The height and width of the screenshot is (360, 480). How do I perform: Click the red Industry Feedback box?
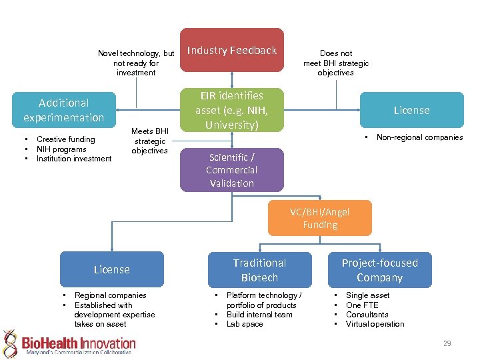point(232,50)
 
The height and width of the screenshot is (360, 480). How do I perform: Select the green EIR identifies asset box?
point(232,110)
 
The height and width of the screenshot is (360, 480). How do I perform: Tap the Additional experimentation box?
point(63,110)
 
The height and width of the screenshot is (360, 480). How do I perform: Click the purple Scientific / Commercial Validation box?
point(231,170)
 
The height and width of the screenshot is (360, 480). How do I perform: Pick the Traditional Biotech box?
point(259,270)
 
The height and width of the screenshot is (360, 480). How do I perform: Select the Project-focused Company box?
point(379,270)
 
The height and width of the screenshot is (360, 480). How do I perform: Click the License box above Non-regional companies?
point(411,110)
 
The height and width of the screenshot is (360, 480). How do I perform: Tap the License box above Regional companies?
point(111,269)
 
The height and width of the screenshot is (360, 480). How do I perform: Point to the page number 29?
point(447,343)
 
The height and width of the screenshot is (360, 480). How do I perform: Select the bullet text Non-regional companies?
point(419,137)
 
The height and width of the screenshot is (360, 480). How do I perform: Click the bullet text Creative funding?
point(65,139)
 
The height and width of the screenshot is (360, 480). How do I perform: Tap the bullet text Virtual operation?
point(375,324)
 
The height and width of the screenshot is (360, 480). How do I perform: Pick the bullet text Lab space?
point(245,324)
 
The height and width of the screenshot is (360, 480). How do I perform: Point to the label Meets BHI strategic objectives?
point(149,141)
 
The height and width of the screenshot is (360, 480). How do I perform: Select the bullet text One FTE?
point(362,305)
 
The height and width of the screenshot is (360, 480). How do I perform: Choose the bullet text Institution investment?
point(74,159)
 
